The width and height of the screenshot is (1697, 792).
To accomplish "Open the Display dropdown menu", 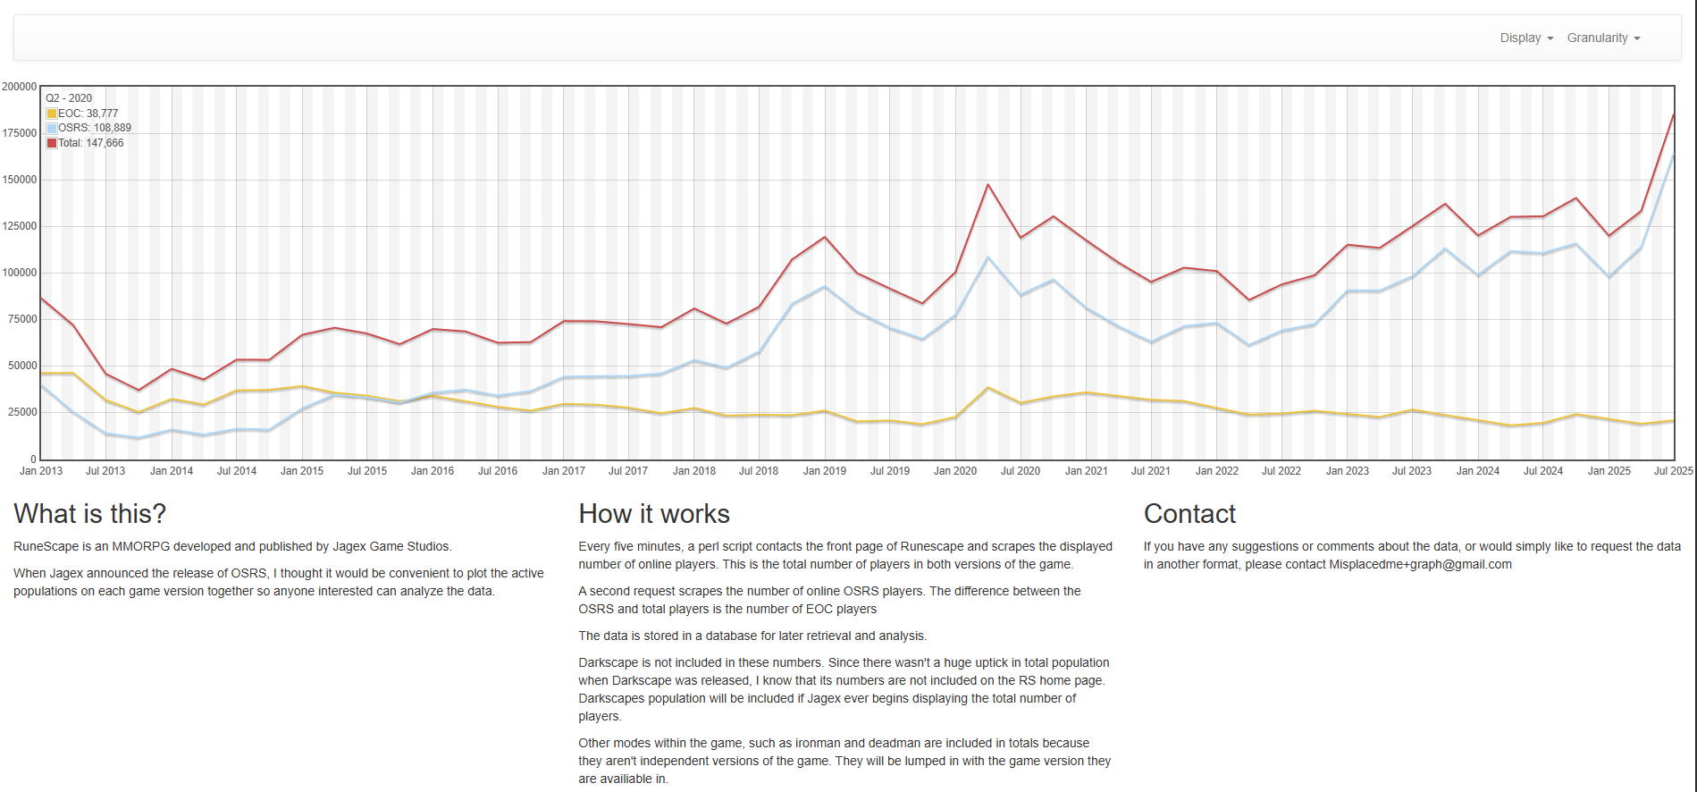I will (1525, 38).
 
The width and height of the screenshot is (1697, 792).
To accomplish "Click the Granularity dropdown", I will (1602, 38).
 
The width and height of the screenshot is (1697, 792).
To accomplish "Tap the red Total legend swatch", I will (52, 143).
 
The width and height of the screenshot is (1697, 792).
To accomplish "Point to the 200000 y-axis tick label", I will (20, 87).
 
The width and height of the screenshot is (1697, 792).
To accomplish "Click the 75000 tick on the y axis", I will (20, 319).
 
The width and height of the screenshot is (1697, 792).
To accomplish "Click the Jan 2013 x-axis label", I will (41, 471).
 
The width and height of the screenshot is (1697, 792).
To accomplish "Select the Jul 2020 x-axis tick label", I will (1021, 471).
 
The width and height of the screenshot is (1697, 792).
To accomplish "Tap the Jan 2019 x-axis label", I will (824, 471).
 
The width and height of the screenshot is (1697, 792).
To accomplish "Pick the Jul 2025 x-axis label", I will (1673, 471).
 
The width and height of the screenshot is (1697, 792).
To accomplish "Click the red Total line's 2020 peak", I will (987, 185).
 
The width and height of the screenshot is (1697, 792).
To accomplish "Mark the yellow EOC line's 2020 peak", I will (987, 388).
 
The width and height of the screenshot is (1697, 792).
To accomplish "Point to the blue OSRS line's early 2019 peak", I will (824, 287).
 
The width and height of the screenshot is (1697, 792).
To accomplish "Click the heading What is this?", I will (89, 514).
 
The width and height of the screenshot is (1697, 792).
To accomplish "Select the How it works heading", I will (654, 514).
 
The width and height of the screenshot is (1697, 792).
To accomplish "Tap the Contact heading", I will (1189, 514).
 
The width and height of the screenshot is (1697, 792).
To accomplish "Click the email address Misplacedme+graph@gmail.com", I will (1420, 565).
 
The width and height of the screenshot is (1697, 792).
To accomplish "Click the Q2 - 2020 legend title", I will (69, 98).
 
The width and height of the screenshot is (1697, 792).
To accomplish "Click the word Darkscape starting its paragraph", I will (607, 663).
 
